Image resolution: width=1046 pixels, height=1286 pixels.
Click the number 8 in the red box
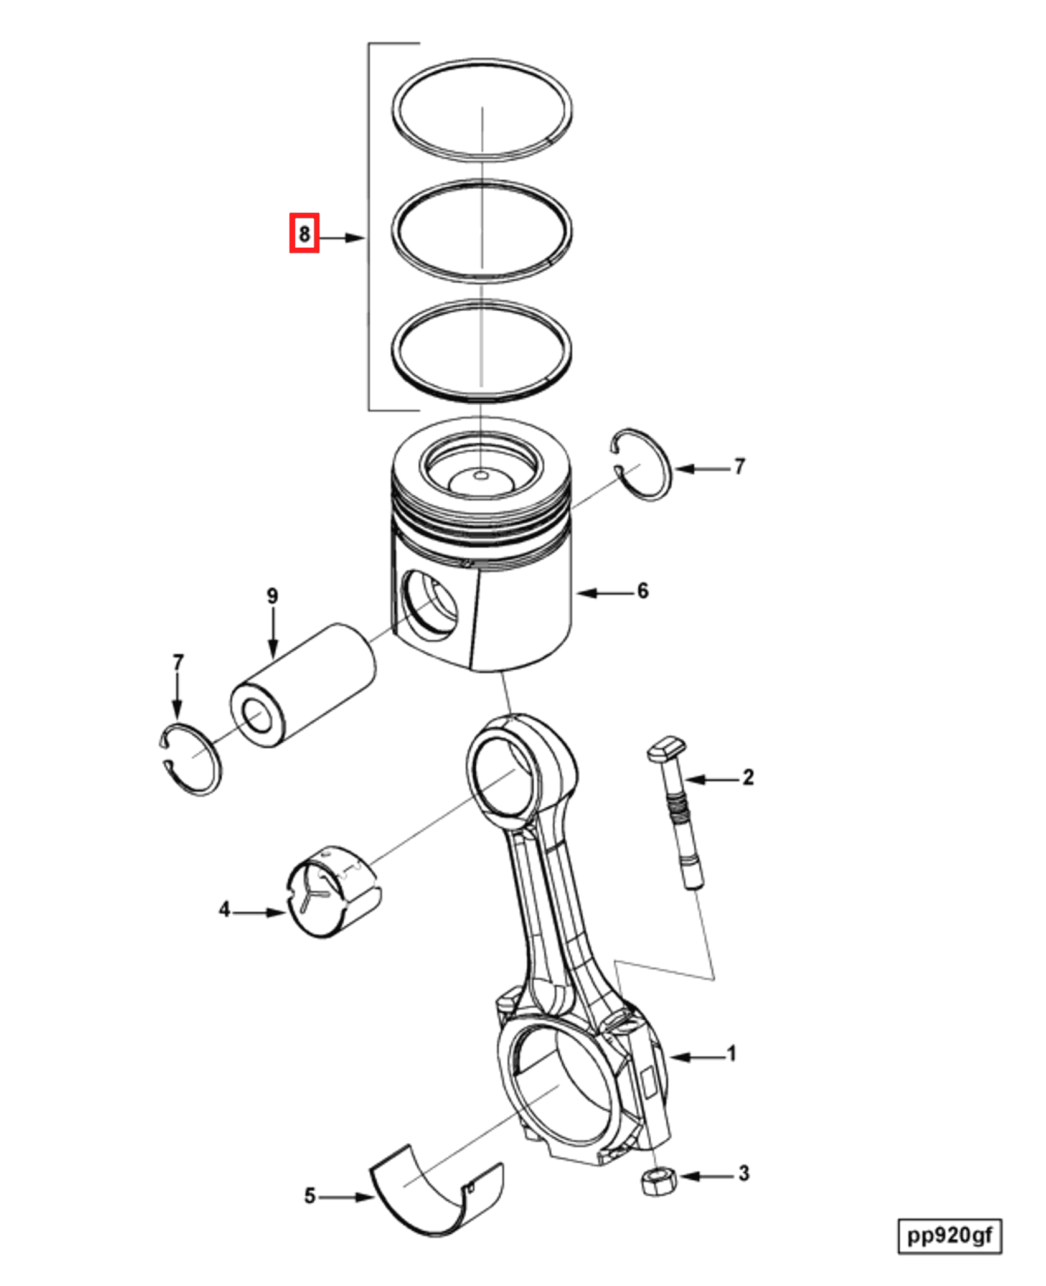[304, 233]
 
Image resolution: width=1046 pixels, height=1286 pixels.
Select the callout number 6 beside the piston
[643, 591]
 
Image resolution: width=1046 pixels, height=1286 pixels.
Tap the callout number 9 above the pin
[272, 596]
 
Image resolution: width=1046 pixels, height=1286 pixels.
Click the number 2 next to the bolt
[748, 777]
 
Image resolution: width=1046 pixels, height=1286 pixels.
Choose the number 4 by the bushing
[224, 909]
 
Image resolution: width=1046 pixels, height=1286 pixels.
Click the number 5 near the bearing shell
[309, 1196]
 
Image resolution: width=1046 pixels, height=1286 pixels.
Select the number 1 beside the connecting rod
[732, 1053]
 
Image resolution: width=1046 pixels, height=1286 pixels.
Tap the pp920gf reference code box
[949, 1235]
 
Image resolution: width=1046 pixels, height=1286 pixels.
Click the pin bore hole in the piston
[430, 604]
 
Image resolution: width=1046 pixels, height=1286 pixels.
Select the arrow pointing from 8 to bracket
[342, 238]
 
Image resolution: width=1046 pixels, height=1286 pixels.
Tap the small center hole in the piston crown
[481, 476]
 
